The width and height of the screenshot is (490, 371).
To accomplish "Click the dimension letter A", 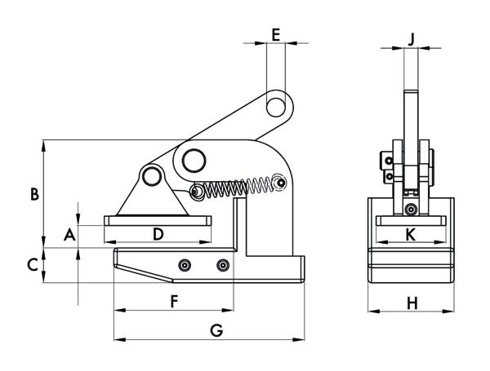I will coord(70,235).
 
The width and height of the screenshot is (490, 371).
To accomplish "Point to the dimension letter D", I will coord(158,234).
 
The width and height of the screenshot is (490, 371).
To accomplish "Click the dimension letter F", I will coord(173,301).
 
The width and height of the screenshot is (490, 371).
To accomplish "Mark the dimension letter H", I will coord(412,303).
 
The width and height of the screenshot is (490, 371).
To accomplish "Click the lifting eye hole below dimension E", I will coord(279,105).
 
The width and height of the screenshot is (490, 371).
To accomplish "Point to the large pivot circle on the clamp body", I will coord(195,160).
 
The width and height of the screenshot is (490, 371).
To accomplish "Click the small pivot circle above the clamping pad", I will coord(150,175).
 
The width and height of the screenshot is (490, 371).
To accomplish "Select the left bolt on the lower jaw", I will coord(185,265).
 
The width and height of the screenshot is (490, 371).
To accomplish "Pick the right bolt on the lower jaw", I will coord(223,265).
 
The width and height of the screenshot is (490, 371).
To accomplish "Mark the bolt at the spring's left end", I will coord(196,192).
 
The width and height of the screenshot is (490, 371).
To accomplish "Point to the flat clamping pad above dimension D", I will coord(158,219).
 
